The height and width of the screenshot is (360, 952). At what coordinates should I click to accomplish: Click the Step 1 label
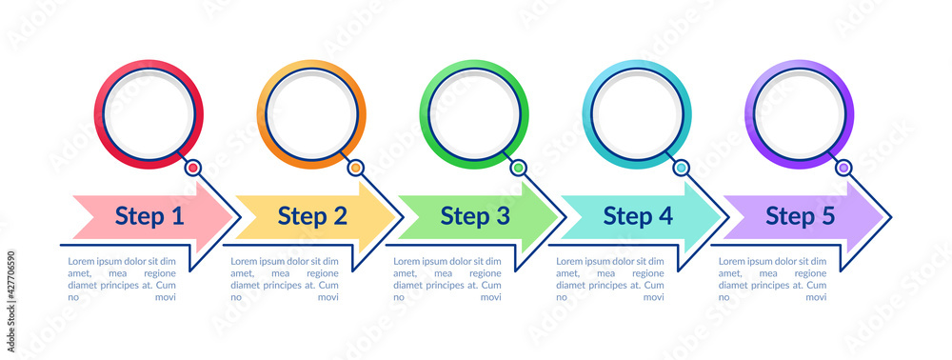[x=149, y=217]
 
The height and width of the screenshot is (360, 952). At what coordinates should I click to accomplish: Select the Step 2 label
[x=312, y=217]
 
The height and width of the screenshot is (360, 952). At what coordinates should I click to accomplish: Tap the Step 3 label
[x=475, y=217]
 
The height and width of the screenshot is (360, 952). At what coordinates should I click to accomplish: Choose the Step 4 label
[x=638, y=217]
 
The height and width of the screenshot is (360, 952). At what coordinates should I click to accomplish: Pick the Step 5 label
[x=801, y=217]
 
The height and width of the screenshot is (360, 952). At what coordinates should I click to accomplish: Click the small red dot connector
[x=193, y=168]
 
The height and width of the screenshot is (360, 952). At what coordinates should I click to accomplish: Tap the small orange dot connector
[x=356, y=168]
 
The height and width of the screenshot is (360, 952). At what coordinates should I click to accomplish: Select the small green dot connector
[x=519, y=168]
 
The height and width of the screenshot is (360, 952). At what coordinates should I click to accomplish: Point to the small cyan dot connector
[x=682, y=168]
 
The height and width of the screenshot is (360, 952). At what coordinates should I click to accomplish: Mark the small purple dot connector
[x=844, y=168]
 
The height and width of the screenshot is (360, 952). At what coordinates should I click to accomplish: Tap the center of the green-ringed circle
[x=474, y=114]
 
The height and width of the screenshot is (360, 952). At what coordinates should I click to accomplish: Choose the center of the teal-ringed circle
[x=637, y=114]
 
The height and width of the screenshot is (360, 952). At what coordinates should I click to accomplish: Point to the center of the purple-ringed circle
[x=800, y=114]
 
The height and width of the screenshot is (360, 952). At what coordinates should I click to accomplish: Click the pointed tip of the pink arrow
[x=234, y=217]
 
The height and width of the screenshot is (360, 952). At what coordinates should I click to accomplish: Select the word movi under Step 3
[x=490, y=297]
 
